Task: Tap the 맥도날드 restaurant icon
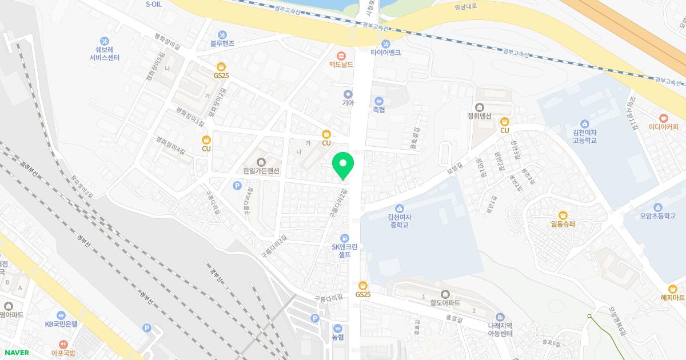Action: (341, 55)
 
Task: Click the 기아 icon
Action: (348, 94)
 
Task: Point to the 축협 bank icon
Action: (379, 101)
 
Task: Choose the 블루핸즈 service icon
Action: (222, 34)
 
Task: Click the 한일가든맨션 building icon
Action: (261, 162)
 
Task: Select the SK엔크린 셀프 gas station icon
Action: (345, 238)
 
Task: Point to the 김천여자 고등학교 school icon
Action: (584, 124)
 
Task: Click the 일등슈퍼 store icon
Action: (563, 215)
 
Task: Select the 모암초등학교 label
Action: (657, 217)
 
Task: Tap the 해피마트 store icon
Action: (672, 289)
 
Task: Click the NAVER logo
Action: (15, 353)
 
